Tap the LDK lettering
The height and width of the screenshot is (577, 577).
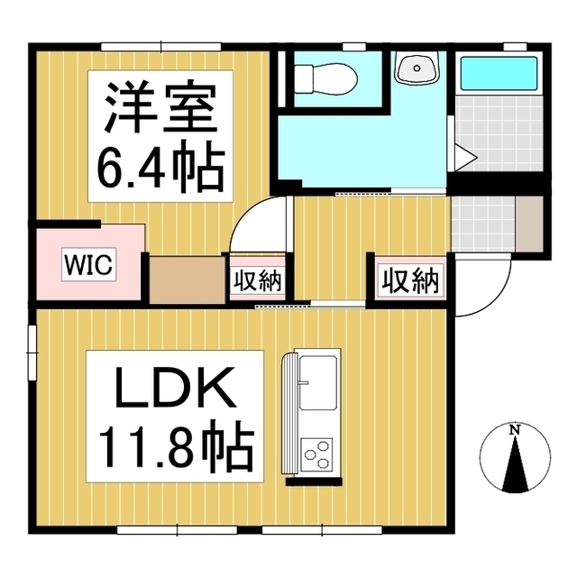tap(175, 390)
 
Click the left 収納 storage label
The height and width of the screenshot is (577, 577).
tap(258, 280)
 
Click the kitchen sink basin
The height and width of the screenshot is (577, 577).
tap(318, 379)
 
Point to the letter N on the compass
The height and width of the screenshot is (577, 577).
tap(515, 430)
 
